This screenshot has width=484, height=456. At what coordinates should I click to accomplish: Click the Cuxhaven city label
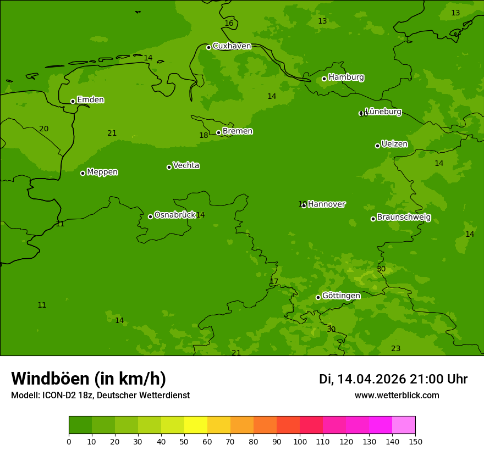[232, 46]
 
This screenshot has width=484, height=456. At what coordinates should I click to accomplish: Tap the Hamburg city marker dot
[324, 79]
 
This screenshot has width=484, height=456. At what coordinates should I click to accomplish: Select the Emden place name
[90, 100]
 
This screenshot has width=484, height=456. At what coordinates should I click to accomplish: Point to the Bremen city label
[238, 131]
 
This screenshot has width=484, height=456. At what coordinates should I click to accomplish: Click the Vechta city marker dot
[169, 167]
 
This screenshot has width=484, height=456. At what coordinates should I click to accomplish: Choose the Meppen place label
[102, 172]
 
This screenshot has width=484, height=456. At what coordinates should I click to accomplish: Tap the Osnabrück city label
[175, 215]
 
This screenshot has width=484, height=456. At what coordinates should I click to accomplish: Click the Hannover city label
[327, 204]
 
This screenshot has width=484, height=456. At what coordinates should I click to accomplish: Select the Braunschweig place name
[404, 218]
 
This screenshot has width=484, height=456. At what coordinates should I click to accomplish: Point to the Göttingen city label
[341, 296]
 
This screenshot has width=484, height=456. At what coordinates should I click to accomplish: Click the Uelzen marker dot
[377, 146]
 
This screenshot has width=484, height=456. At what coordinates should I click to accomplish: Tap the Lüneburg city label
[383, 112]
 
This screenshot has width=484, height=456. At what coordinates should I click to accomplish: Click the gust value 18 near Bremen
[204, 136]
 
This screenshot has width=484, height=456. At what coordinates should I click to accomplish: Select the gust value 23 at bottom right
[395, 349]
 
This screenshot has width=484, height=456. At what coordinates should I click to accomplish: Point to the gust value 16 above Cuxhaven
[229, 24]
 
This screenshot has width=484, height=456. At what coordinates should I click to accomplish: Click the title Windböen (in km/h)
[89, 379]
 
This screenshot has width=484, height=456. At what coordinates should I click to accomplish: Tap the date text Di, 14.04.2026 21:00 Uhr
[393, 379]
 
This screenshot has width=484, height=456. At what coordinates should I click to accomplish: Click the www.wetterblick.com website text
[397, 396]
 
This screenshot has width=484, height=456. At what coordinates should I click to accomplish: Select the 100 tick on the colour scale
[300, 441]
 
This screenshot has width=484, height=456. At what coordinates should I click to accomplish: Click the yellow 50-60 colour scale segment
[196, 425]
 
